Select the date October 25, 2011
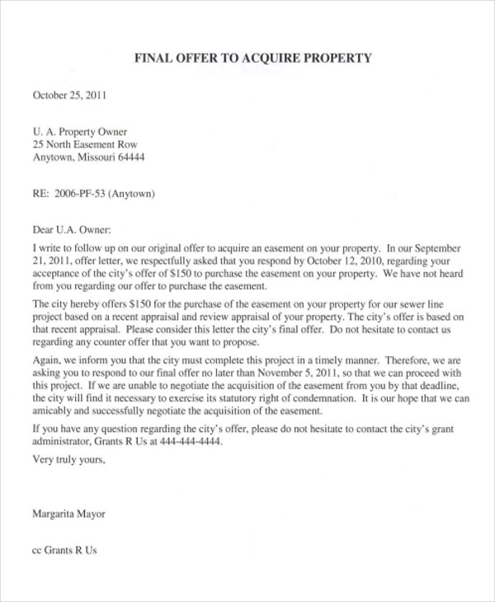(x=69, y=95)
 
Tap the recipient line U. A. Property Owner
(x=80, y=131)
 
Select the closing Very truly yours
(x=69, y=459)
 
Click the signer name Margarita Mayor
(x=68, y=513)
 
